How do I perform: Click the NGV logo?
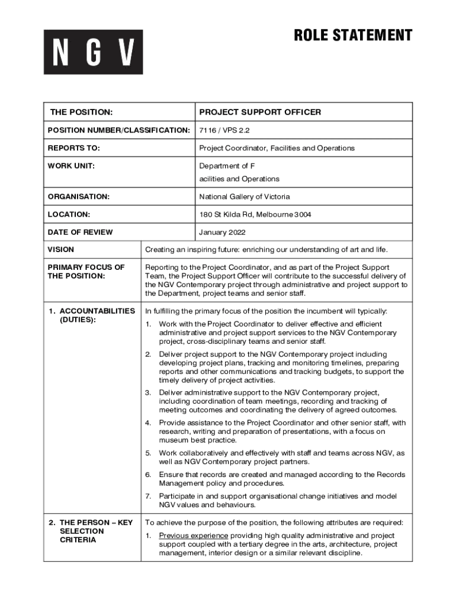click(x=93, y=52)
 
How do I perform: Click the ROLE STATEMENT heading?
click(x=353, y=36)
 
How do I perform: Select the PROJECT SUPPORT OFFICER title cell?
click(x=260, y=112)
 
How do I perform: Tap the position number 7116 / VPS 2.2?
click(x=221, y=130)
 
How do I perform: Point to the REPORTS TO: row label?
click(x=74, y=148)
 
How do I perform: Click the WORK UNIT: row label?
click(x=71, y=166)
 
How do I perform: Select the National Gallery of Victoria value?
click(x=245, y=196)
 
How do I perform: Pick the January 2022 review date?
click(x=222, y=232)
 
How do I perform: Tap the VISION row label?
click(x=61, y=250)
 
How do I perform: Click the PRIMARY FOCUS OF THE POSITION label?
click(x=86, y=272)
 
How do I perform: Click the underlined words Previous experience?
click(x=193, y=536)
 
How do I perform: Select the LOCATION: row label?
click(x=69, y=214)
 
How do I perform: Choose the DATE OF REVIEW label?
click(x=80, y=232)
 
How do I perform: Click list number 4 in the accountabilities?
click(x=149, y=423)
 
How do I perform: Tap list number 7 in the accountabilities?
click(x=149, y=496)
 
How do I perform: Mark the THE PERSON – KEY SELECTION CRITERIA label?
click(x=92, y=531)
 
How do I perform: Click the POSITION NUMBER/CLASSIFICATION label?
click(x=118, y=130)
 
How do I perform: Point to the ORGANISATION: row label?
click(x=79, y=196)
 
